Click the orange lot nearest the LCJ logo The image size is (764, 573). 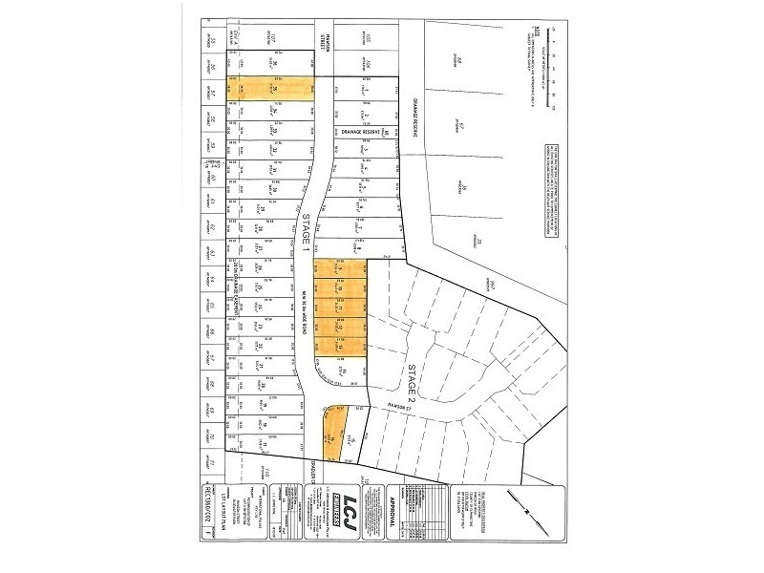coord(337,435)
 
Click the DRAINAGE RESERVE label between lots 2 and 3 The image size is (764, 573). coord(359,132)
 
